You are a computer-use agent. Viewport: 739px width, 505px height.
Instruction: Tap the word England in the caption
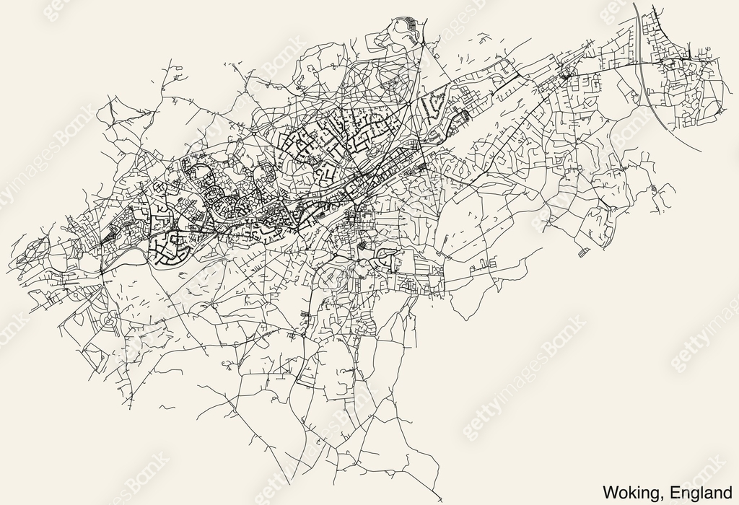(x=698, y=493)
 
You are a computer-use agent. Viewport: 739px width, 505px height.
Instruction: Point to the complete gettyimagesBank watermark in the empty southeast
(x=523, y=390)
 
